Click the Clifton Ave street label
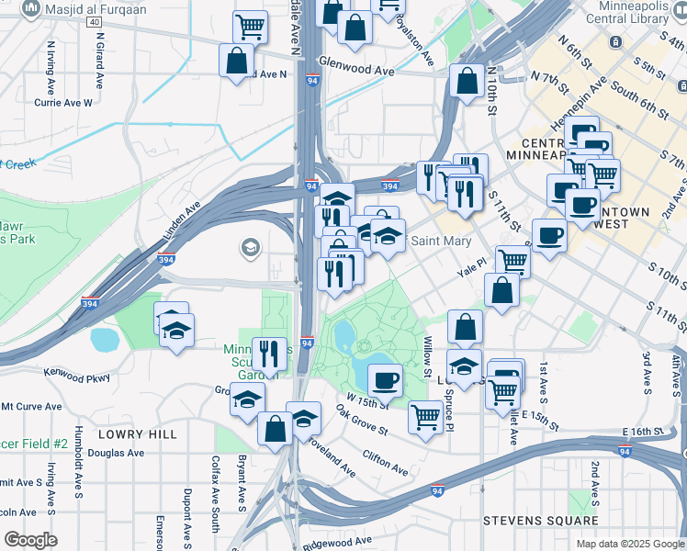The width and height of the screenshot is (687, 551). (385, 462)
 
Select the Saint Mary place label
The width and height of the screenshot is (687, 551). (441, 242)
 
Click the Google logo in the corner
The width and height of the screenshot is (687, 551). (30, 539)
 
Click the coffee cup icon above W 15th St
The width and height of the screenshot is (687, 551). (385, 378)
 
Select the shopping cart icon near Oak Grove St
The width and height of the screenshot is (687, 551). (426, 417)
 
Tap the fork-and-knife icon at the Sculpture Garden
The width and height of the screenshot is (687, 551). (269, 352)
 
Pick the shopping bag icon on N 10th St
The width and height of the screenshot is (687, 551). (467, 80)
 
